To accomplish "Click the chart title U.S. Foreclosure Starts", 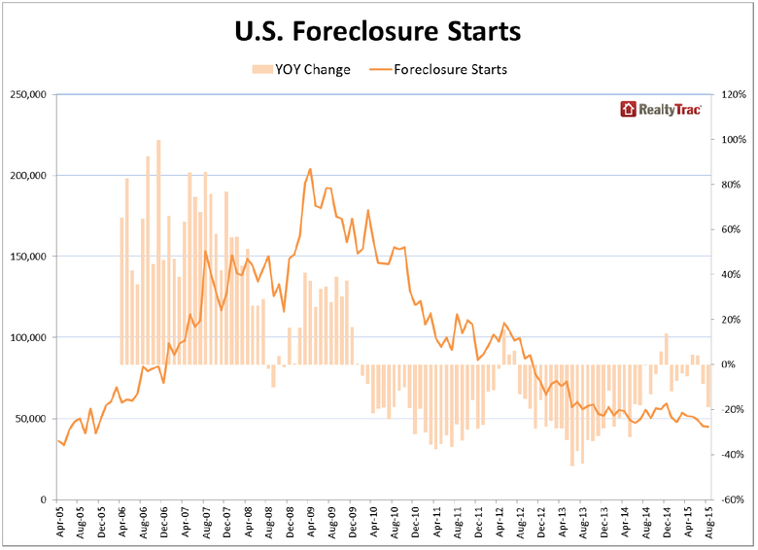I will pos(378,31).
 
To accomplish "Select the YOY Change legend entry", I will pos(301,69).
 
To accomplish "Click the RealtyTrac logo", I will pos(661,109).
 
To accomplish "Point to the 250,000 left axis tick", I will pos(29,95).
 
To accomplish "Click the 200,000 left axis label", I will pos(29,176).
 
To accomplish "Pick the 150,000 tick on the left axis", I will pos(29,257).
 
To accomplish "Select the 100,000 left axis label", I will pos(29,338).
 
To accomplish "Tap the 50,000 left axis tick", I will pos(32,419).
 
